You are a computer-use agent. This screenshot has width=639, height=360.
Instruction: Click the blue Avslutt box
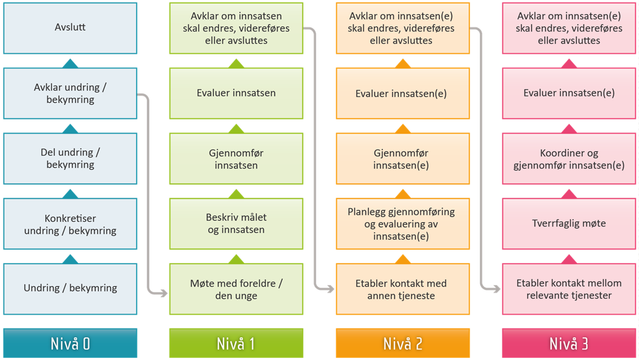point(70,28)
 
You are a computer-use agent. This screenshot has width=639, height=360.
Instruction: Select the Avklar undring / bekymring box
point(70,93)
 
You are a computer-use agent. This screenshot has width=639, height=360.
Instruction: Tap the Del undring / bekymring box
point(70,159)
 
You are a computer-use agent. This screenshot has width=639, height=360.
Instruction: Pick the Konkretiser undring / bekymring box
point(70,224)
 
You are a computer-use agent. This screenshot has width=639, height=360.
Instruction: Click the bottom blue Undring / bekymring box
point(70,288)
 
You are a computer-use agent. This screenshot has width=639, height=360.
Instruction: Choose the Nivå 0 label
point(70,343)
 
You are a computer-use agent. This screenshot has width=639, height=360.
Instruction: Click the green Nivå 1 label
point(236,343)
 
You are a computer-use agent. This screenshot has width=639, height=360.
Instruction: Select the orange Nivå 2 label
point(403,343)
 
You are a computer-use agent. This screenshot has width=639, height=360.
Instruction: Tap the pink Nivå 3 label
point(569,343)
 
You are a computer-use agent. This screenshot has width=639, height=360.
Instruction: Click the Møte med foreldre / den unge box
point(236,289)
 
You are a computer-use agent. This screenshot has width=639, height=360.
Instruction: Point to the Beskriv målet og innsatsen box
point(236,224)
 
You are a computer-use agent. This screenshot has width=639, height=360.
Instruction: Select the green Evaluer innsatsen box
point(236,93)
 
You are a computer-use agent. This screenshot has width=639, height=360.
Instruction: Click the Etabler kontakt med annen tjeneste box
point(403,289)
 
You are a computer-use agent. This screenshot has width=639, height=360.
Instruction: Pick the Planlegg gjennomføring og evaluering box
point(403,224)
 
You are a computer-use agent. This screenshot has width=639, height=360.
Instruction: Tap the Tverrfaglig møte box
point(569,224)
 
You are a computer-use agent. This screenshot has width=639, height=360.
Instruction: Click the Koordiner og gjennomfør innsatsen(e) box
point(569,159)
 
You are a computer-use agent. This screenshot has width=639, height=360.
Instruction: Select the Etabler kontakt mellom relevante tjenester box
point(569,289)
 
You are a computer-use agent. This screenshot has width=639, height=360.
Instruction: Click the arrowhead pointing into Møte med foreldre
point(165,293)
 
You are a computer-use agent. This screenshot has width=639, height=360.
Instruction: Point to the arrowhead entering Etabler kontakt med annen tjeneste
point(331,289)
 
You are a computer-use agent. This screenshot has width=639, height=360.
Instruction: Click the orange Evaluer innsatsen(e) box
point(403,94)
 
